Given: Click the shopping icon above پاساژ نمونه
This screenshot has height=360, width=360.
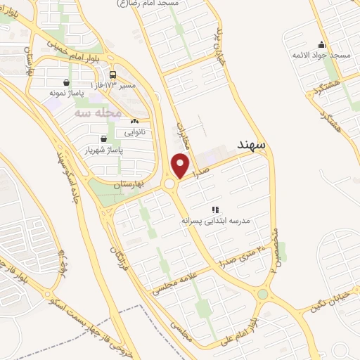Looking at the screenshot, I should point(66,82).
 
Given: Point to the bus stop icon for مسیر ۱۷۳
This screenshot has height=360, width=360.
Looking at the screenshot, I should point(112,75).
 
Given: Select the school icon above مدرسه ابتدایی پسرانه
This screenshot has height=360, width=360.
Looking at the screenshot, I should point(215,210).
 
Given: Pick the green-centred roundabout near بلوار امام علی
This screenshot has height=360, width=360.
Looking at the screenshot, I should point(263,294).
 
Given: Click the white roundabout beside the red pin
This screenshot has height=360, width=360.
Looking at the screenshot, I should point(169,184).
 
